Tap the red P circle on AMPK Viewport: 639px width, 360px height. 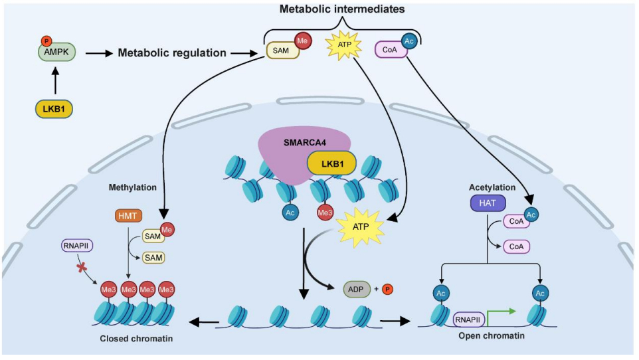pyautogui.click(x=46, y=41)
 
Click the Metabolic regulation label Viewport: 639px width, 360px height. pyautogui.click(x=173, y=52)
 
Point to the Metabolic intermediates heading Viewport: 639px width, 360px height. pyautogui.click(x=342, y=9)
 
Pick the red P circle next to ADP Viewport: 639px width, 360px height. pyautogui.click(x=389, y=289)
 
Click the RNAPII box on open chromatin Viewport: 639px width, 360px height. pyautogui.click(x=468, y=319)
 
